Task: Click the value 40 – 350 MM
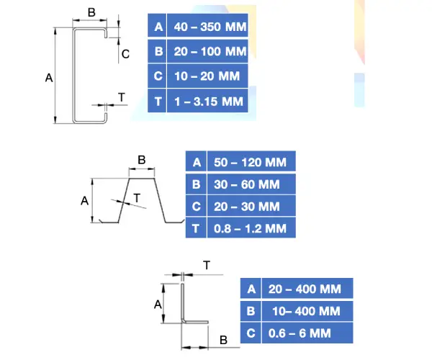coord(208,28)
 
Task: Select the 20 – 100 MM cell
coord(208,52)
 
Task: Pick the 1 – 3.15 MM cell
coord(208,101)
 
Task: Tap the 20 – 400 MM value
coord(305,289)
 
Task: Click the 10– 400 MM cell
coord(305,311)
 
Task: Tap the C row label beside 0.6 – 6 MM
coord(251,333)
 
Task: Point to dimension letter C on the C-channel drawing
coord(125,53)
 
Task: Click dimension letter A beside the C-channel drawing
coord(49,77)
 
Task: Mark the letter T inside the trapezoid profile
coord(137,197)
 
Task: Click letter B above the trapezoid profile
coord(141,159)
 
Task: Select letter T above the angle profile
coord(207,266)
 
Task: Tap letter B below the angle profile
coord(223,339)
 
